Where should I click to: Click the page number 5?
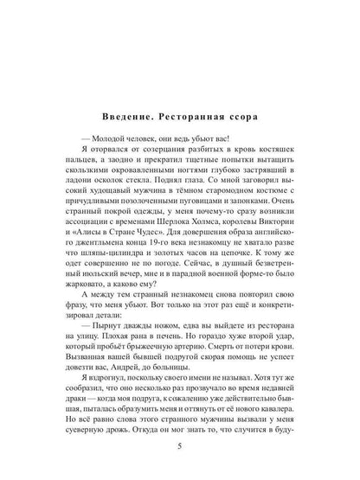179,449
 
